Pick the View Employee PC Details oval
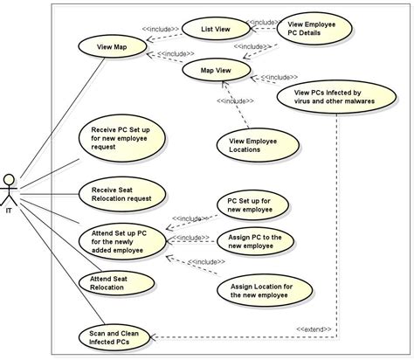315,28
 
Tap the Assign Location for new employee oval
272,289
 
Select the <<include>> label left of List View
162,29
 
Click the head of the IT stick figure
10,178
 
